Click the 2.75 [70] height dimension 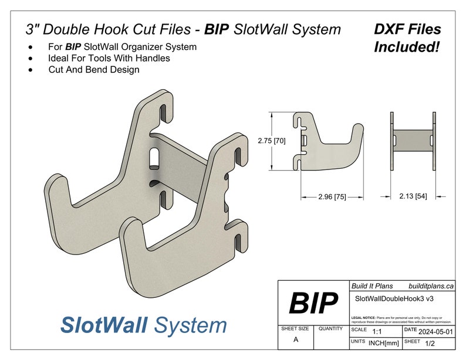pos(271,141)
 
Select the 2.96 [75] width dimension pos(332,197)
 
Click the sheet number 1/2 pos(430,342)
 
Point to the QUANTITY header pos(331,329)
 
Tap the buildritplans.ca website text pos(431,286)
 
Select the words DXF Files pos(407,29)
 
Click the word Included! pos(407,47)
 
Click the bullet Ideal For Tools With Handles pos(109,58)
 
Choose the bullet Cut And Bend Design pos(94,70)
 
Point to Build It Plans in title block pos(372,286)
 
